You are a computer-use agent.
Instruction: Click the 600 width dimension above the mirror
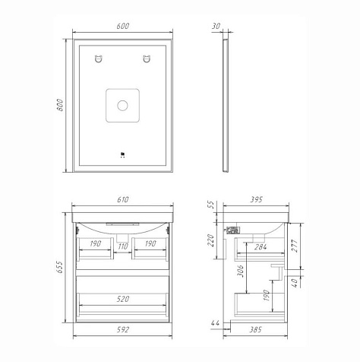123,26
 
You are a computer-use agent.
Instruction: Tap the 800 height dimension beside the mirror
60,105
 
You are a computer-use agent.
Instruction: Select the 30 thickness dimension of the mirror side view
216,26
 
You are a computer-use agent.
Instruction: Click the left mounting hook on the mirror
99,59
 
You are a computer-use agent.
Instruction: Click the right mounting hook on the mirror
147,59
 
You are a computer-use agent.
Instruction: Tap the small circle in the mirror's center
122,106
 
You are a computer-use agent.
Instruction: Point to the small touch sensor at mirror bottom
123,154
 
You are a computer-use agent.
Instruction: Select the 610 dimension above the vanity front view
123,199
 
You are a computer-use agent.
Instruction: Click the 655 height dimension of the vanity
59,267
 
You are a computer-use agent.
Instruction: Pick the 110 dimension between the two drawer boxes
123,246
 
